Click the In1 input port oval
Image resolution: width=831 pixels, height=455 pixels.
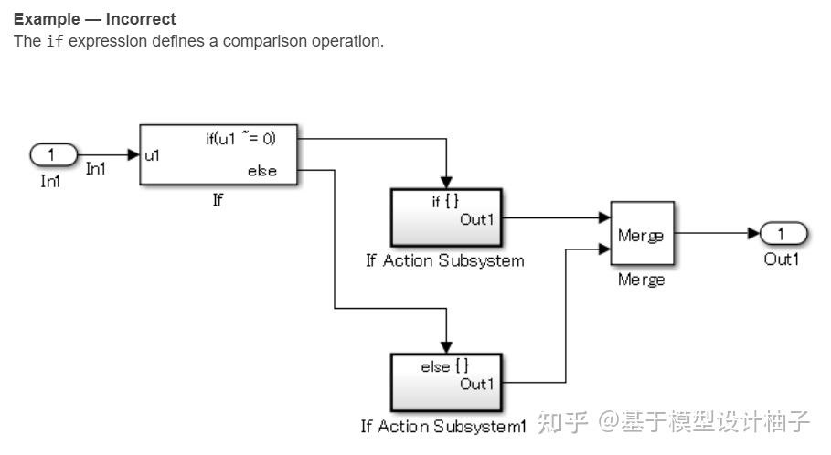click(53, 154)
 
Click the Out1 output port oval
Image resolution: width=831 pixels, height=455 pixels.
click(783, 233)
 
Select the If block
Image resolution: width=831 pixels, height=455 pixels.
click(219, 154)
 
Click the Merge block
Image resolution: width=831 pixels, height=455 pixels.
click(642, 234)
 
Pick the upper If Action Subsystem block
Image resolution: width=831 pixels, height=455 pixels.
click(445, 217)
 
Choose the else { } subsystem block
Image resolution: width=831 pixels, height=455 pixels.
click(445, 382)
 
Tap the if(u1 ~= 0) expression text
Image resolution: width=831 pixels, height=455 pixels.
click(240, 139)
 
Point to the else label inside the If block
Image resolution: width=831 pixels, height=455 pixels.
click(261, 171)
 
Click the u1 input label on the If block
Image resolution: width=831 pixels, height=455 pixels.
click(153, 155)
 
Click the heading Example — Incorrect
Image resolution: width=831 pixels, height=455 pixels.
click(95, 18)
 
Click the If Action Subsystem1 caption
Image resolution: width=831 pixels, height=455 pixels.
click(444, 426)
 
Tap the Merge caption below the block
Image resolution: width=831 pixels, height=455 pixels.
click(641, 280)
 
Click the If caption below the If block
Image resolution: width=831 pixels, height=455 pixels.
click(218, 200)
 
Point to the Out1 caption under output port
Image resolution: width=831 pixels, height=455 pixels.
click(782, 259)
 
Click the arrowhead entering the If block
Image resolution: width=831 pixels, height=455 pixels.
click(133, 154)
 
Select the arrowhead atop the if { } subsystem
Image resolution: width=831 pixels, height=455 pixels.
click(445, 182)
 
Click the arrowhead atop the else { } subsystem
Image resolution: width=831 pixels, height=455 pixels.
click(445, 346)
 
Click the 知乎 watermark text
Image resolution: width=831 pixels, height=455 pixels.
click(562, 422)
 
